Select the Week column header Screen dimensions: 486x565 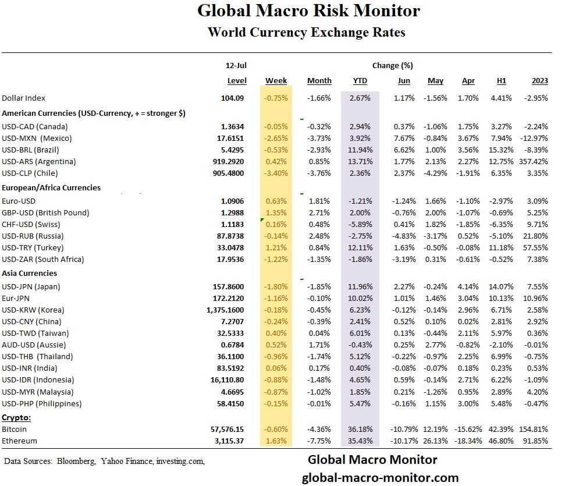click(276, 81)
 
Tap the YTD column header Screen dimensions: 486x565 click(360, 81)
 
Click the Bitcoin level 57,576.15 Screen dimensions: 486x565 click(227, 429)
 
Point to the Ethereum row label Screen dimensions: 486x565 click(19, 441)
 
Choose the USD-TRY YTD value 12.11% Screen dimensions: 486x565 click(360, 247)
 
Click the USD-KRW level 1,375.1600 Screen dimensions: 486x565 click(225, 310)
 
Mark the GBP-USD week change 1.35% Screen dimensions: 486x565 click(276, 212)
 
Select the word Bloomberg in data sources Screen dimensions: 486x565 click(76, 461)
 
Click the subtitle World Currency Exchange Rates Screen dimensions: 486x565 click(306, 32)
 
